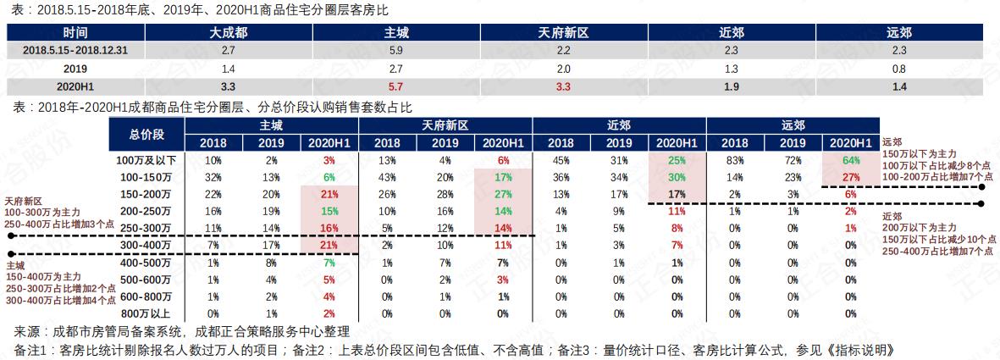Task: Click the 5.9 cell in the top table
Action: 396,51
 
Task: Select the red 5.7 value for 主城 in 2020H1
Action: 396,86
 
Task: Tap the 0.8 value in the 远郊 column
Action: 898,69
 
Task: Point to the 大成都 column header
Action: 229,33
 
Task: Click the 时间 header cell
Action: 75,33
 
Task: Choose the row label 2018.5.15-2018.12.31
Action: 75,51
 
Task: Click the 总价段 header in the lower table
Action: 146,134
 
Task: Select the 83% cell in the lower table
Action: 734,160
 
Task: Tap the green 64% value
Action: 851,160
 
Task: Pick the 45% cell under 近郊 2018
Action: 560,160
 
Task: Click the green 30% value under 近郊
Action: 677,177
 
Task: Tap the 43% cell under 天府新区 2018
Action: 387,177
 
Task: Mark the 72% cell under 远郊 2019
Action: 793,160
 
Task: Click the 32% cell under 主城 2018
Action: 213,177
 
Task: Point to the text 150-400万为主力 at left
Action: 43,277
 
